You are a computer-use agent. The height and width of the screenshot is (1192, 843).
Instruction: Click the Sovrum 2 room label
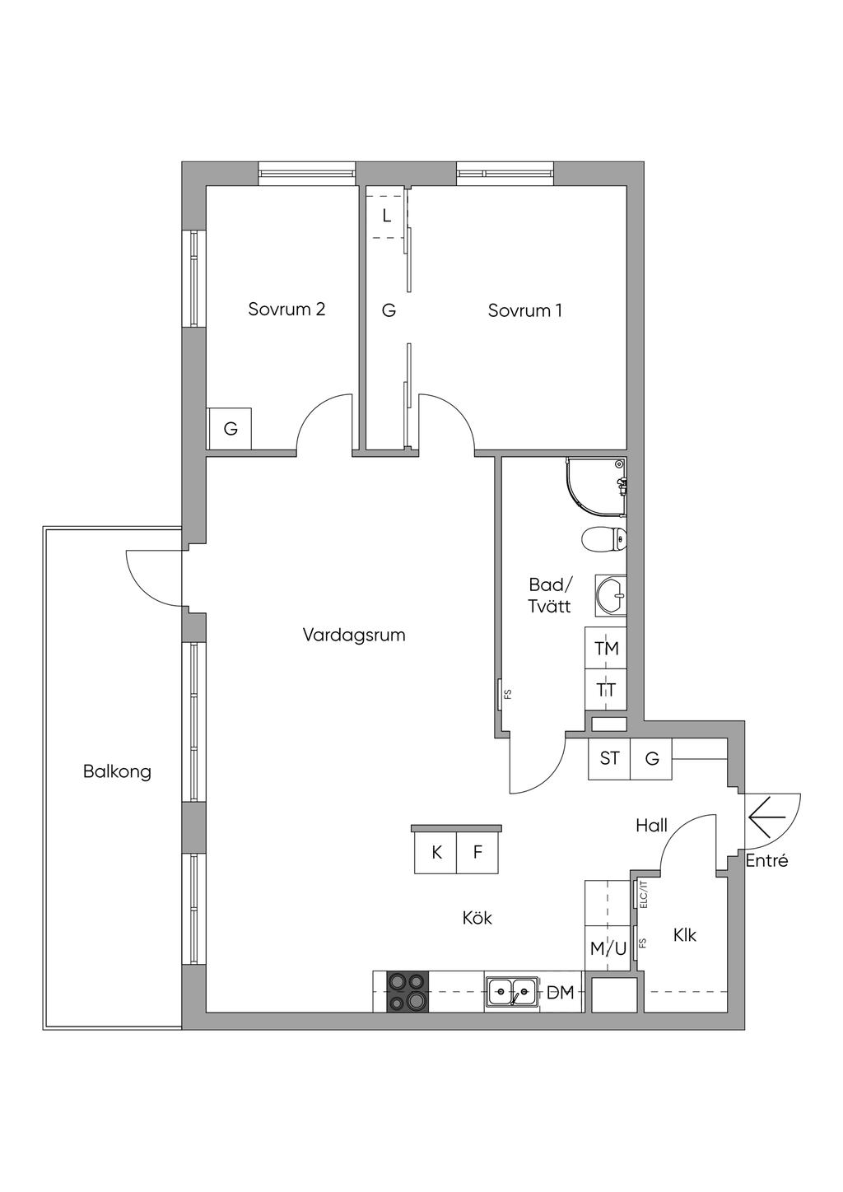pyautogui.click(x=286, y=310)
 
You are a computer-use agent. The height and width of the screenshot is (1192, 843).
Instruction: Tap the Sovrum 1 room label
pyautogui.click(x=524, y=310)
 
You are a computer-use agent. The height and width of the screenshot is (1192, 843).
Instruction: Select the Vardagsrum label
pyautogui.click(x=354, y=635)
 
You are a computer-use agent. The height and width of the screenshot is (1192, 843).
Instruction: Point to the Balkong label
pyautogui.click(x=117, y=771)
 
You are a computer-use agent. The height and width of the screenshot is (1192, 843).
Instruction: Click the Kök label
pyautogui.click(x=477, y=917)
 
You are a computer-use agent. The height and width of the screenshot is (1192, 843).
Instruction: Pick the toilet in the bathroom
pyautogui.click(x=603, y=540)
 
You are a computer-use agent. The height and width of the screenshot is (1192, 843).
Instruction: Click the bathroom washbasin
pyautogui.click(x=610, y=595)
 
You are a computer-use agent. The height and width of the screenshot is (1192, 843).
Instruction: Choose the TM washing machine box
pyautogui.click(x=607, y=649)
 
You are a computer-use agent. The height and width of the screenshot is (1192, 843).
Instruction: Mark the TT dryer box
pyautogui.click(x=607, y=690)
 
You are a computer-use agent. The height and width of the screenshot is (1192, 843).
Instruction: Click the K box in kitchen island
pyautogui.click(x=436, y=853)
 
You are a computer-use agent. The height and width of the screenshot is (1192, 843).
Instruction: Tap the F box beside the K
pyautogui.click(x=477, y=853)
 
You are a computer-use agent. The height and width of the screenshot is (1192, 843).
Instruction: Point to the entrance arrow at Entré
pyautogui.click(x=768, y=819)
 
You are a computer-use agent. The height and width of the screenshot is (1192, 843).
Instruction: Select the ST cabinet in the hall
pyautogui.click(x=609, y=758)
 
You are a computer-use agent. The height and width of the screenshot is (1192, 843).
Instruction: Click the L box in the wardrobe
pyautogui.click(x=386, y=216)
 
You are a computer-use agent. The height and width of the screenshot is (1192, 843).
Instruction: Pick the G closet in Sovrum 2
pyautogui.click(x=231, y=429)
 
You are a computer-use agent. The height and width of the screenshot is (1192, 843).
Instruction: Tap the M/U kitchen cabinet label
pyautogui.click(x=608, y=948)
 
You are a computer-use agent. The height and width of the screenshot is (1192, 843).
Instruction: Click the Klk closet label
pyautogui.click(x=684, y=935)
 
